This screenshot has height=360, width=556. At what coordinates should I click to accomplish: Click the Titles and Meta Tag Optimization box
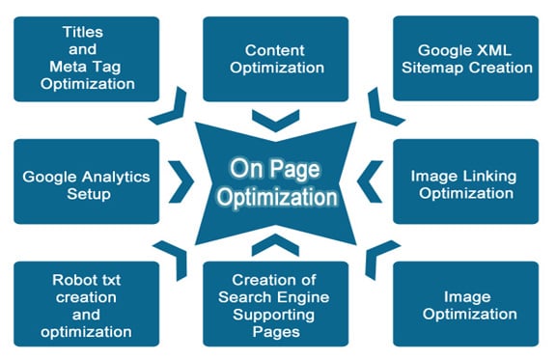(x=87, y=57)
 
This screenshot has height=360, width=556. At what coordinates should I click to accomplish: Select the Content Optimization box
(x=275, y=57)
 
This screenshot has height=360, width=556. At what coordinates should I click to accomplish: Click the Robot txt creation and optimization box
(x=87, y=304)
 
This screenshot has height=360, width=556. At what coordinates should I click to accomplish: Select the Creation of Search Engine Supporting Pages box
(x=275, y=304)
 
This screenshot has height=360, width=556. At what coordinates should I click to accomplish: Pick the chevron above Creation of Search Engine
(x=275, y=241)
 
